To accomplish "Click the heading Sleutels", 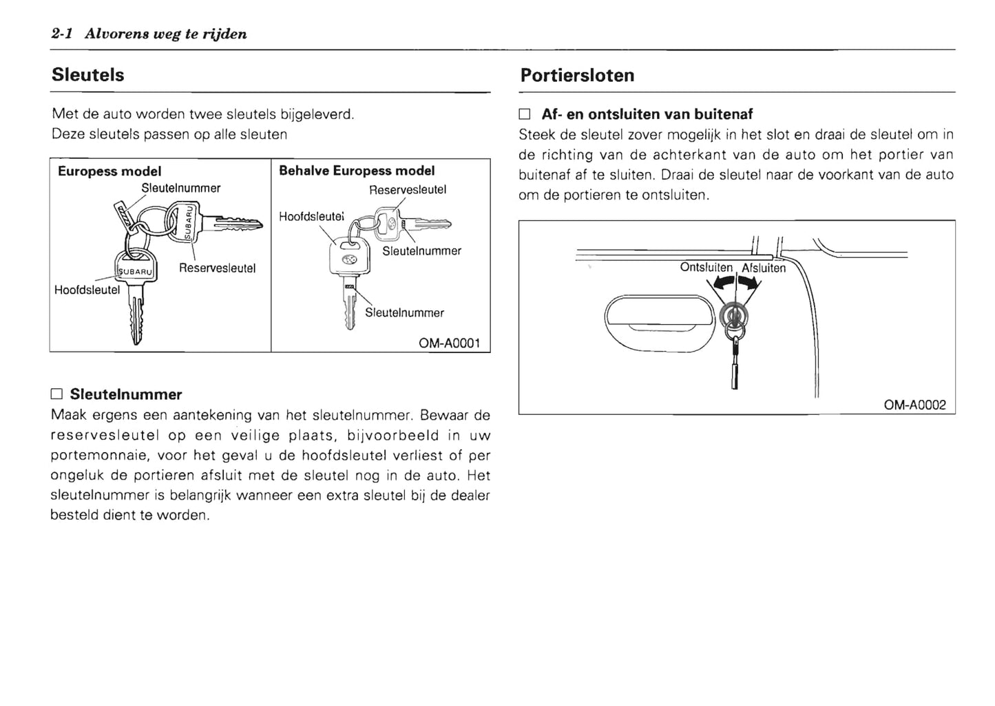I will point(87,74).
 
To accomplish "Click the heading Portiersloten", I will point(577,75).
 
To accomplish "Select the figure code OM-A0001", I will point(449,343).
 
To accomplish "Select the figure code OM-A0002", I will point(914,405).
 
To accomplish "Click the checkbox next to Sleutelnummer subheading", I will point(56,395).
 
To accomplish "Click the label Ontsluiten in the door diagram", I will point(706,267).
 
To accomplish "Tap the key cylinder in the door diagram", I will point(734,317).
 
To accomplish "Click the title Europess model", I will point(109,171).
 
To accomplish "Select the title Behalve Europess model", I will point(357,171).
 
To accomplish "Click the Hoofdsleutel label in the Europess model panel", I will point(87,290).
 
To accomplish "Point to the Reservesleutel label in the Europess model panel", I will point(217,268).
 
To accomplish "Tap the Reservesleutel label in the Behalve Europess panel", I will point(408,189).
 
